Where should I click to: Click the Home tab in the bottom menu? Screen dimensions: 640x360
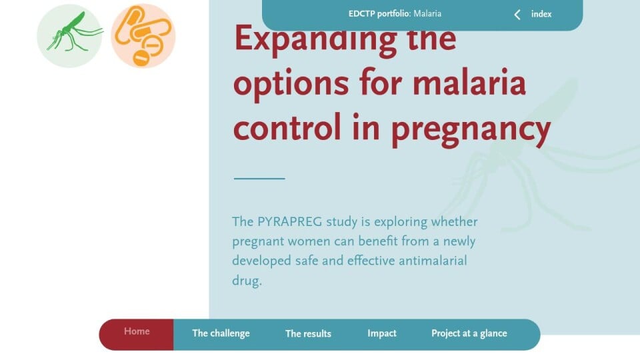click(x=137, y=331)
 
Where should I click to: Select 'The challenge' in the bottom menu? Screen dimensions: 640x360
click(x=221, y=333)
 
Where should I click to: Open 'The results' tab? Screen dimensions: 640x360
click(x=308, y=333)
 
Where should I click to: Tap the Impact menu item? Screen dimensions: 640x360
click(x=381, y=333)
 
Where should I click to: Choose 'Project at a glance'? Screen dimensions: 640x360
click(x=469, y=333)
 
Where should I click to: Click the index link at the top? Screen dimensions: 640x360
click(x=541, y=14)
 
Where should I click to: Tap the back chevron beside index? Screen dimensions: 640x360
click(x=517, y=15)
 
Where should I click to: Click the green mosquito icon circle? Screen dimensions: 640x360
click(x=69, y=36)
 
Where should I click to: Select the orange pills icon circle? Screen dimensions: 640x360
click(x=143, y=36)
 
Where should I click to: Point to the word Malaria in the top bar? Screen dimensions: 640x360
click(x=427, y=13)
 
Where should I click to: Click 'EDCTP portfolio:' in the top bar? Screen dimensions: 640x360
click(x=379, y=13)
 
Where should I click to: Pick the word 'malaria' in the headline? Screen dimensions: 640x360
click(x=469, y=83)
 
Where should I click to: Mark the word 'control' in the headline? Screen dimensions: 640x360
click(x=287, y=127)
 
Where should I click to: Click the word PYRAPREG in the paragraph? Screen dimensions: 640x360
click(x=289, y=221)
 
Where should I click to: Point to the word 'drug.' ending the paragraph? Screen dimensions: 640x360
click(x=247, y=281)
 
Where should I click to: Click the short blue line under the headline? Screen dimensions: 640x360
click(x=259, y=179)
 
